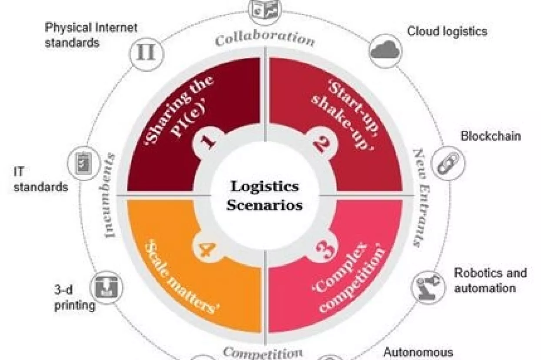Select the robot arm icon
[x=428, y=287]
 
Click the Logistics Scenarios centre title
[x=264, y=196]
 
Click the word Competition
[x=262, y=352]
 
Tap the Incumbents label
[x=110, y=195]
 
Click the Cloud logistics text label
[x=447, y=31]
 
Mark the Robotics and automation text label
[x=490, y=280]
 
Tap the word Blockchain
[x=490, y=136]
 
